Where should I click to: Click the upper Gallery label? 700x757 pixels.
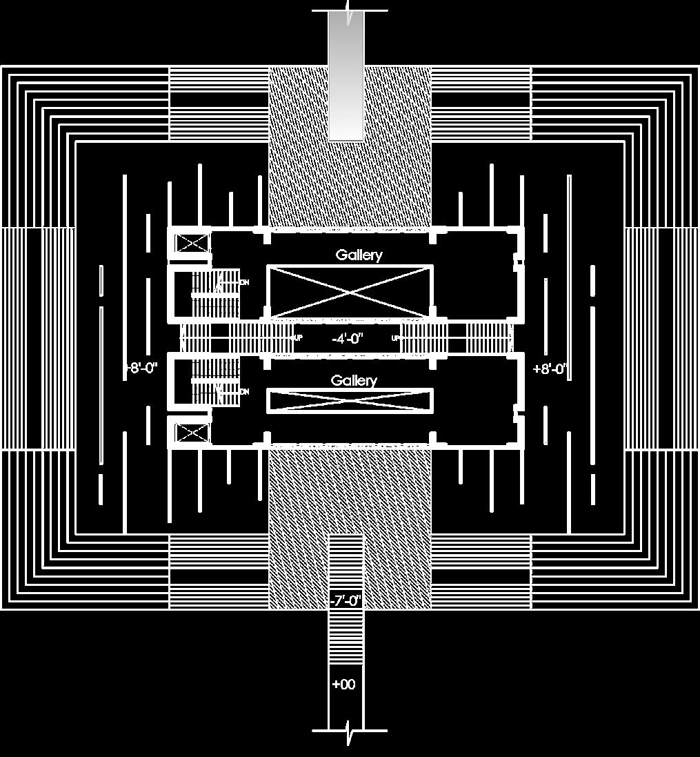pyautogui.click(x=359, y=255)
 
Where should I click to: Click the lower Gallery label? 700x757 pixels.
pyautogui.click(x=354, y=381)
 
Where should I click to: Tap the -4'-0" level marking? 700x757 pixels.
pyautogui.click(x=347, y=339)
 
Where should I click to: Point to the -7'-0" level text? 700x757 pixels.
pyautogui.click(x=346, y=601)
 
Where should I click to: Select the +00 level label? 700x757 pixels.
pyautogui.click(x=343, y=685)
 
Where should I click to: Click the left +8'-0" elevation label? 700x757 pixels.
pyautogui.click(x=141, y=368)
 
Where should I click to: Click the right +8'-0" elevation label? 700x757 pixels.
pyautogui.click(x=550, y=369)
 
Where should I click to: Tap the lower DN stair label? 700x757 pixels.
pyautogui.click(x=244, y=391)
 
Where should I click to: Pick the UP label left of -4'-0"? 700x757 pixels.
pyautogui.click(x=298, y=338)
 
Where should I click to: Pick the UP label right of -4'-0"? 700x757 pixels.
pyautogui.click(x=396, y=338)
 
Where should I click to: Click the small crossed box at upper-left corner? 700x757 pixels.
pyautogui.click(x=192, y=244)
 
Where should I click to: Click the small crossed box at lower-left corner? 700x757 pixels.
pyautogui.click(x=192, y=433)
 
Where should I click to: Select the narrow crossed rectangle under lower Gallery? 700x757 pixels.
pyautogui.click(x=350, y=401)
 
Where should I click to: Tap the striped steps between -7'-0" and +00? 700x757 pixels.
pyautogui.click(x=345, y=638)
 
